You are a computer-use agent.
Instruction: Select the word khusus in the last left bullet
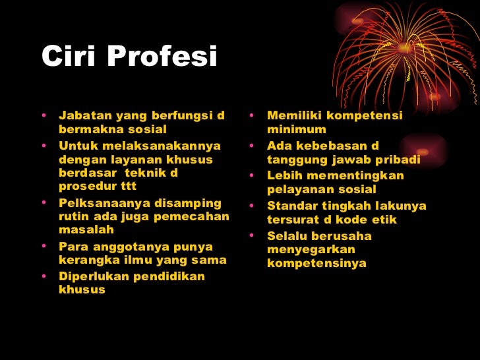(x=82, y=289)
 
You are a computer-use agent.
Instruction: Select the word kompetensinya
(x=316, y=264)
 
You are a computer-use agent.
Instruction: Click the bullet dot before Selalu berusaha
(x=253, y=235)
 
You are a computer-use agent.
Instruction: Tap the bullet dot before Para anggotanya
(x=44, y=247)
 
